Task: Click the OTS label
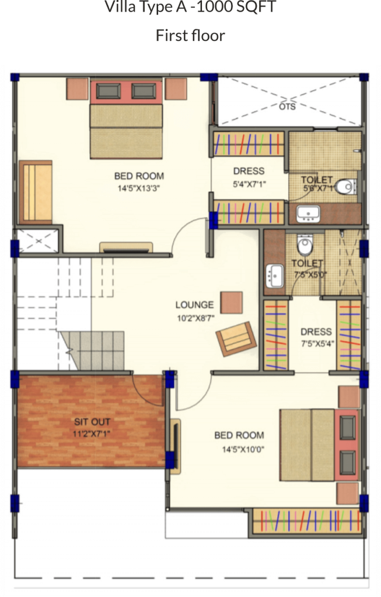[x=287, y=107]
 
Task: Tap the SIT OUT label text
[x=92, y=422]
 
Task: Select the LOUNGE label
[x=194, y=305]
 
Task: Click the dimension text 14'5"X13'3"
[x=138, y=188]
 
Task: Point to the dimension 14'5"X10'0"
[x=243, y=449]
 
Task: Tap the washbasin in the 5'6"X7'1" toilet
[x=308, y=214]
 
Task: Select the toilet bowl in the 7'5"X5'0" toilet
[x=305, y=245]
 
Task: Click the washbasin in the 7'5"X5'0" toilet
[x=274, y=276]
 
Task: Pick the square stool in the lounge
[x=232, y=303]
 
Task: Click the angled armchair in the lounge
[x=236, y=339]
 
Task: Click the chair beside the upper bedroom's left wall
[x=36, y=192]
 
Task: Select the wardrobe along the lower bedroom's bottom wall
[x=307, y=521]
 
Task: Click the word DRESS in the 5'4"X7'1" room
[x=249, y=171]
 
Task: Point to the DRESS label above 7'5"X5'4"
[x=316, y=332]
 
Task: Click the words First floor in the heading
[x=190, y=36]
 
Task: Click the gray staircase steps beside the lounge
[x=92, y=350]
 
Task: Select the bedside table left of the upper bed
[x=78, y=89]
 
